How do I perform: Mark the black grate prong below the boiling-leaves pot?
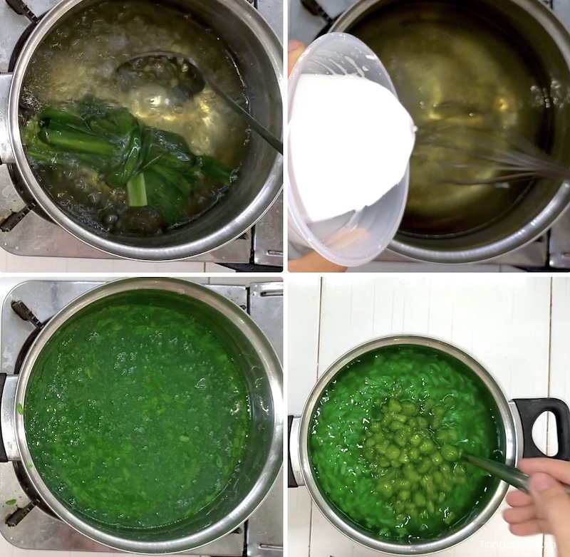click(x=16, y=217)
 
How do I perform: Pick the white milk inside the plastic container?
click(x=349, y=142)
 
